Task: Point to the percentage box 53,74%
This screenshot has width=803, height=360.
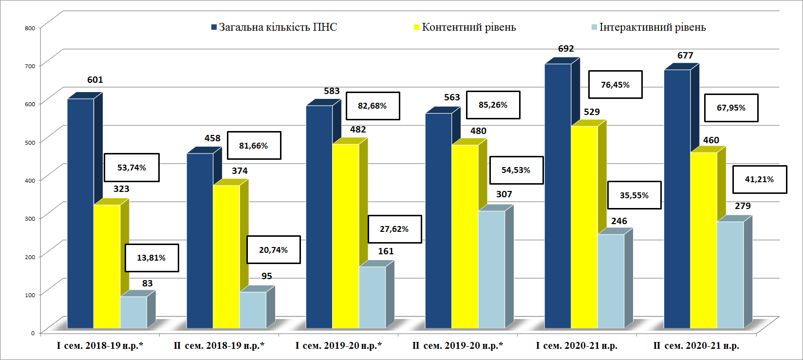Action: (131, 168)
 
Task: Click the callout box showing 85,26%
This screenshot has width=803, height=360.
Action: (493, 105)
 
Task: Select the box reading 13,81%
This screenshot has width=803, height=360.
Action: (151, 258)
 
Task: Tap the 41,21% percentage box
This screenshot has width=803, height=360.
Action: (759, 179)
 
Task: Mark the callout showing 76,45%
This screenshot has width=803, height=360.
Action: (615, 85)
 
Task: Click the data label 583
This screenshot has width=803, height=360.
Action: (332, 91)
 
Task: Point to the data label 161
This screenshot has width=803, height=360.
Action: (386, 251)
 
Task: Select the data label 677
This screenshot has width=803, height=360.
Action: (685, 56)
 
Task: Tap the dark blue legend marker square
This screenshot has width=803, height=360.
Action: (214, 27)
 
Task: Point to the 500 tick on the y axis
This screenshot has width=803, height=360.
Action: (30, 142)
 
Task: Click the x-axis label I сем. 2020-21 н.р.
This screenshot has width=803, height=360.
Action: (577, 346)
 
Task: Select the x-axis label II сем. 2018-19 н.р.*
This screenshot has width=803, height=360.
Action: (219, 346)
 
